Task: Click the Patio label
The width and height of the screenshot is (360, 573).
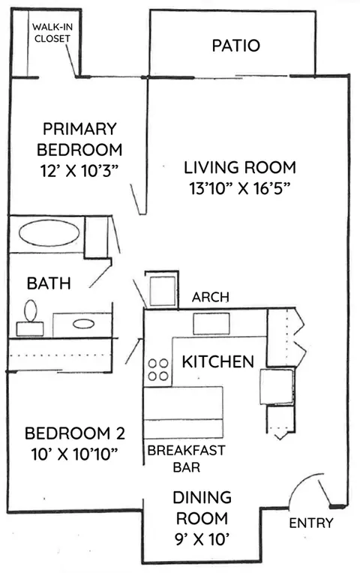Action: click(236, 46)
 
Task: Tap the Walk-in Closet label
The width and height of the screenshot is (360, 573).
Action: click(52, 32)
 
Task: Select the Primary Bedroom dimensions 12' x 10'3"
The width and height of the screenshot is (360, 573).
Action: click(79, 171)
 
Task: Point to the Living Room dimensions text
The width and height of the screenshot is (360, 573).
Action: click(239, 188)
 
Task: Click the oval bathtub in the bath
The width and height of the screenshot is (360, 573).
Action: click(49, 233)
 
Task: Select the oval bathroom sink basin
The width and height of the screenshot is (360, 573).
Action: click(84, 323)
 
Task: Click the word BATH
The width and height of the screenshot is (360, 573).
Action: click(49, 283)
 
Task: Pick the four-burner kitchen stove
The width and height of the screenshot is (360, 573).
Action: click(158, 370)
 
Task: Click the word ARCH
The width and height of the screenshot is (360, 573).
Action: click(211, 297)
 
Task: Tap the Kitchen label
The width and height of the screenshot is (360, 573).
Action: click(217, 361)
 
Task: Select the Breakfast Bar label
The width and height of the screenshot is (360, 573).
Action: click(187, 458)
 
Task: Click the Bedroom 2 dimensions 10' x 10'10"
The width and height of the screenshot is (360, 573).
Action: click(74, 454)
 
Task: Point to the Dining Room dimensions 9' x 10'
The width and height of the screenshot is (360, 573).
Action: click(202, 539)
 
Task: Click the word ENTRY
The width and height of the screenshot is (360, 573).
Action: click(311, 523)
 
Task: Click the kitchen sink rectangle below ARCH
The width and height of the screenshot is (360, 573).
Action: click(211, 323)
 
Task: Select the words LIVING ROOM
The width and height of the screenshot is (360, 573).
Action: click(240, 167)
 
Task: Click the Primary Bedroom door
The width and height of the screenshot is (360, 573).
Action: click(135, 199)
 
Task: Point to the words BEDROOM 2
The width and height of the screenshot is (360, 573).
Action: click(75, 433)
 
